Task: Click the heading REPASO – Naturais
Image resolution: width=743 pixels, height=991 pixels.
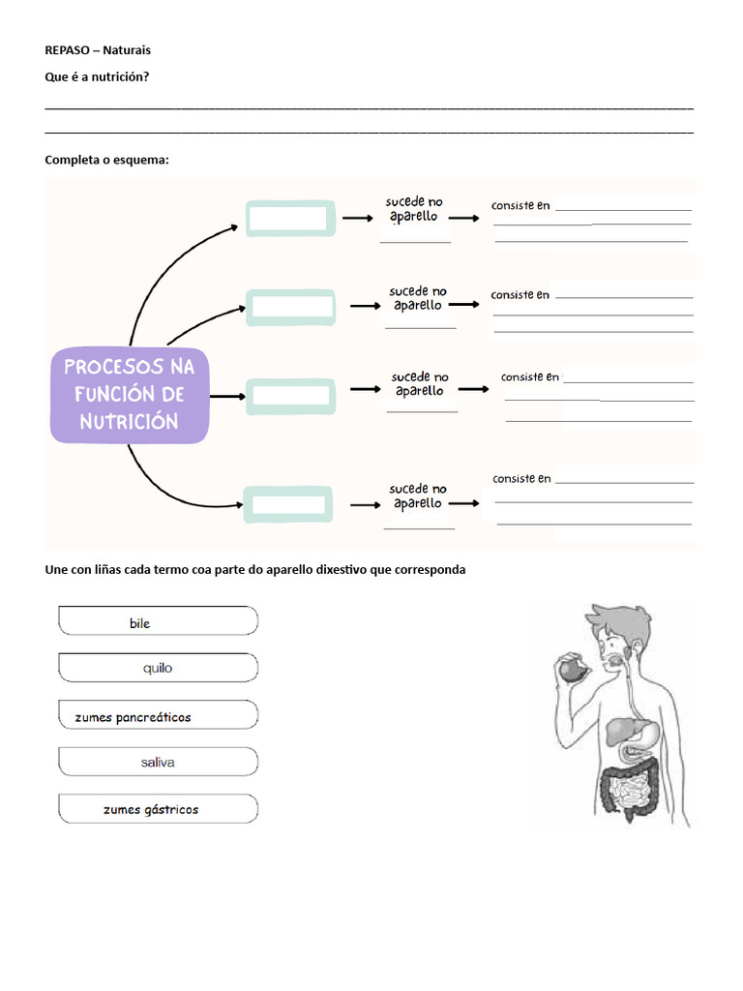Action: point(98,49)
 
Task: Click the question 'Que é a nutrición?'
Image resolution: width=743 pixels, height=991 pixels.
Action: point(97,76)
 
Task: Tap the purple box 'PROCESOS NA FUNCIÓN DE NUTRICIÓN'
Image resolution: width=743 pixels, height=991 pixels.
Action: point(130,395)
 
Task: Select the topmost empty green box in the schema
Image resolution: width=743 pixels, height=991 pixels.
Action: point(290,219)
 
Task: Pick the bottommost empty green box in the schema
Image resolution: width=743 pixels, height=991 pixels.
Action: point(288,504)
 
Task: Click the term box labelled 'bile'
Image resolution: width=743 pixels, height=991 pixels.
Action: point(159,621)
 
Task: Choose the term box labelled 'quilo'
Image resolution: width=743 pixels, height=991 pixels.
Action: point(159,668)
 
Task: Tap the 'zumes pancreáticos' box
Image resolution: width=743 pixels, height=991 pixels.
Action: point(159,716)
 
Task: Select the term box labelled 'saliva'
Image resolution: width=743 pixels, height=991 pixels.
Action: point(159,762)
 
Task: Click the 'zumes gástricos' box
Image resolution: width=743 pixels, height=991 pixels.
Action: point(159,809)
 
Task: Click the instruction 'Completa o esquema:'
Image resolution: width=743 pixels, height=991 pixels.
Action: point(106,160)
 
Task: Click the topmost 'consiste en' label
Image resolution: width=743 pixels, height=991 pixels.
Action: point(520,205)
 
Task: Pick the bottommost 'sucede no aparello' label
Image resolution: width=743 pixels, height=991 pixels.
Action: point(418,496)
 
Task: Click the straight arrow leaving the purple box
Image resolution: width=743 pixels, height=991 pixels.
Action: point(226,396)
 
